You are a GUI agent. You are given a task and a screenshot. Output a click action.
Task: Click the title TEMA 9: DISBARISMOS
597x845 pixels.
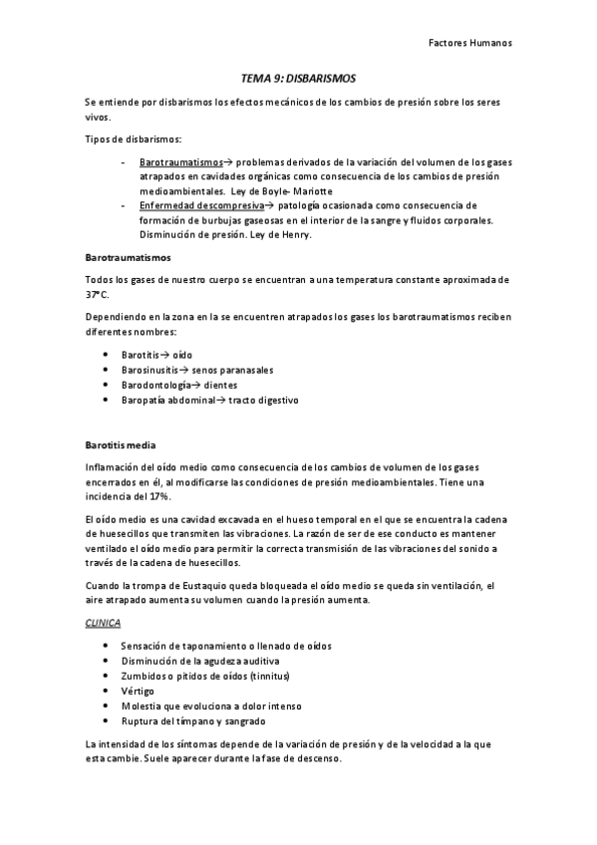(298, 77)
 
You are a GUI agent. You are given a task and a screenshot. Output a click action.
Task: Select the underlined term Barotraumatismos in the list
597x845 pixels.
(181, 161)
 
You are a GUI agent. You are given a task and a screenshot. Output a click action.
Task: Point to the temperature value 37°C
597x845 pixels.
(99, 295)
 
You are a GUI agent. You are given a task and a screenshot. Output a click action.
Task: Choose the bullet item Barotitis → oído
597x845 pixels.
(156, 355)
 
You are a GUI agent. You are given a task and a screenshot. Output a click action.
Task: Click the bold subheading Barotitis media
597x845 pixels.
(120, 444)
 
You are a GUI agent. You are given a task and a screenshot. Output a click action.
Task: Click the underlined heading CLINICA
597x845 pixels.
(103, 623)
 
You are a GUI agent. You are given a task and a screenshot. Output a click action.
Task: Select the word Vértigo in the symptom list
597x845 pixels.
(138, 691)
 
